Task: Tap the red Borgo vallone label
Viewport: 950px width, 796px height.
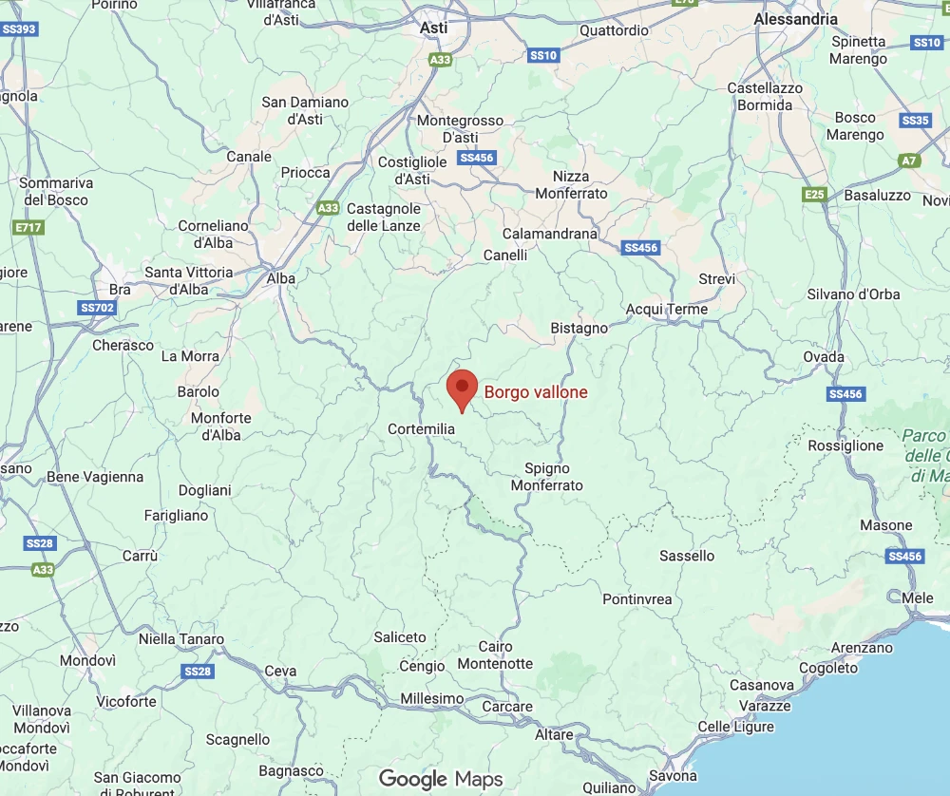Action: (536, 392)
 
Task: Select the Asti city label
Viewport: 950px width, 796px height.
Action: (434, 28)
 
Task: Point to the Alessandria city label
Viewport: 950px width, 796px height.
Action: (795, 19)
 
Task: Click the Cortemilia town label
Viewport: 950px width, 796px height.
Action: (422, 429)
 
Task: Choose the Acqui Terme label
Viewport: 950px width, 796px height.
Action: (667, 310)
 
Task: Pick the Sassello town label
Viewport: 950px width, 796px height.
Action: (687, 556)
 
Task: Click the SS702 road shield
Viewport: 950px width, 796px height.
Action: (97, 308)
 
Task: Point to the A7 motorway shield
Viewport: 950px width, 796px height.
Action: (910, 161)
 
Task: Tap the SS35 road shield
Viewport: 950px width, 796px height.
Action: (916, 121)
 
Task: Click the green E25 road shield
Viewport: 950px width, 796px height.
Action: (814, 195)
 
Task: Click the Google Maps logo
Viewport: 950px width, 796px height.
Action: (441, 780)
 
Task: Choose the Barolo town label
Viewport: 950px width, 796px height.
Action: (198, 391)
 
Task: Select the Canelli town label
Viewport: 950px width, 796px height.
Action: (504, 256)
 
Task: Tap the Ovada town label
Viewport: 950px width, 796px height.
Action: (824, 357)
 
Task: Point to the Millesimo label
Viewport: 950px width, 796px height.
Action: (432, 699)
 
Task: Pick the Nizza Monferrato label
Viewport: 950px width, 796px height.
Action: (571, 184)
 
